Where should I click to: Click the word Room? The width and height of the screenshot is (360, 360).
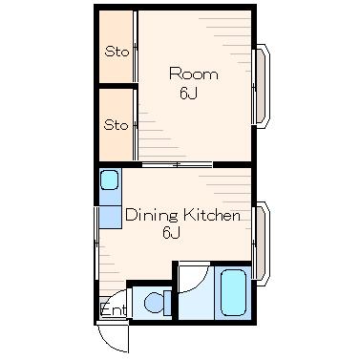tap(194, 74)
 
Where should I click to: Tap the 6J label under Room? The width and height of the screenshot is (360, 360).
tap(189, 94)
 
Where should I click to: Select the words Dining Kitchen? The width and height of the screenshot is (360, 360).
tap(182, 215)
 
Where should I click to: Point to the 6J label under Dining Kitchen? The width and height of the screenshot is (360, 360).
tap(172, 233)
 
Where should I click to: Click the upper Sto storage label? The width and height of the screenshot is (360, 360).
tap(116, 52)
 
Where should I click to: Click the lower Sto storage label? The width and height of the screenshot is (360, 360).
tap(116, 125)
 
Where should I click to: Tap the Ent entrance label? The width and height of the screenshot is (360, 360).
tap(114, 309)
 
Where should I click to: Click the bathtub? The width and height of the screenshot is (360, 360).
tap(233, 292)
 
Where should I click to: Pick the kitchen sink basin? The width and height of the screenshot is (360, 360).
tap(110, 180)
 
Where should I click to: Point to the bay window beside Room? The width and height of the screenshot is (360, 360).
tap(262, 86)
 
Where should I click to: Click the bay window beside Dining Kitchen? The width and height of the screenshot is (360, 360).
tap(262, 244)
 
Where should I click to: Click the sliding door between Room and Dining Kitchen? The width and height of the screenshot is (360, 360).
tap(178, 164)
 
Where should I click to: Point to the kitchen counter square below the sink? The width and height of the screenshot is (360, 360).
tap(111, 217)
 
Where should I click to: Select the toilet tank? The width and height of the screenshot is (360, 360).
tap(167, 303)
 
